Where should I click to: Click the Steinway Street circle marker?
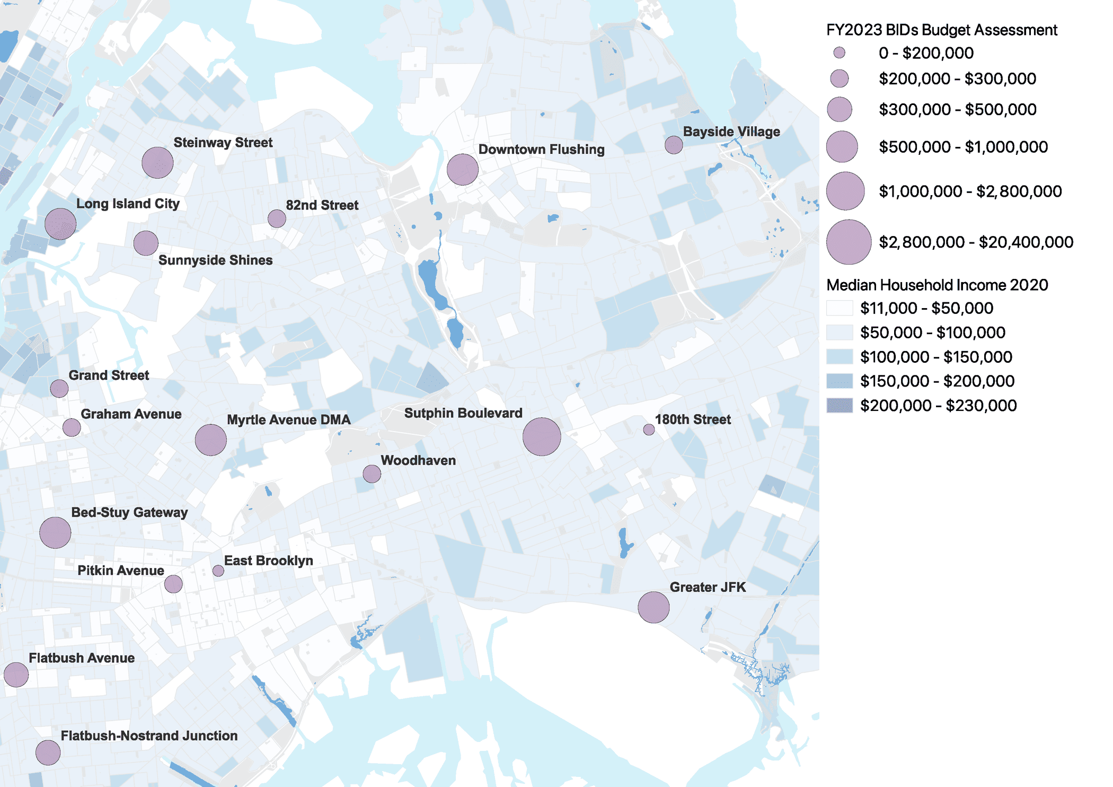coord(157,162)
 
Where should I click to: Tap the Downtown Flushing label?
coord(541,150)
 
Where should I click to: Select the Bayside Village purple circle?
coord(674,144)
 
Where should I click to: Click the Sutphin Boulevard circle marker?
coord(542,436)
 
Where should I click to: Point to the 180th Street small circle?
coord(649,430)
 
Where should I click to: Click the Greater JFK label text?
coord(708,587)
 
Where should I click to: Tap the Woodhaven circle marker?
coord(372,474)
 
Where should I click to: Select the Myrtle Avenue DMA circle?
coord(210,440)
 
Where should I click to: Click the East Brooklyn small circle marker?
coord(218,571)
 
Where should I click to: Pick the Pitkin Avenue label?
coord(121,571)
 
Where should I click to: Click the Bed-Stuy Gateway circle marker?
coord(55,532)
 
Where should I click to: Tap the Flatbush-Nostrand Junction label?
coord(149,736)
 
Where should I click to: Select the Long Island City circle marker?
coord(60,224)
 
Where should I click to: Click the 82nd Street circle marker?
coord(277,218)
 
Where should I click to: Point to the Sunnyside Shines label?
coord(215,260)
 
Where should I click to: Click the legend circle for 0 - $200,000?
coord(839,53)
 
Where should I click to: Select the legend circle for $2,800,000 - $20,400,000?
coord(849,242)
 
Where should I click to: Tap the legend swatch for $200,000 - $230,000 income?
coord(840,406)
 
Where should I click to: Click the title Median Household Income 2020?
coord(937,285)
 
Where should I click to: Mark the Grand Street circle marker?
coord(59,389)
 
